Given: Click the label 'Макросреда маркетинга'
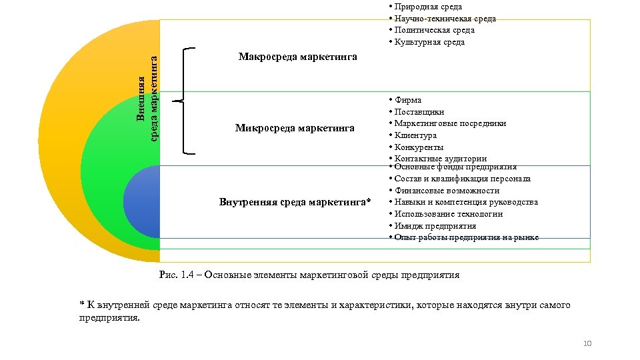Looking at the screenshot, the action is (x=297, y=57).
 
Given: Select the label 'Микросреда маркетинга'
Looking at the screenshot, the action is (x=295, y=128).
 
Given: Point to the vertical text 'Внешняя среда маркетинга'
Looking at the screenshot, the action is (x=146, y=97).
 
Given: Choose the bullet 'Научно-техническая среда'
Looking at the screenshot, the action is (x=445, y=19).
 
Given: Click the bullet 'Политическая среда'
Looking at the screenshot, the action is (x=434, y=30).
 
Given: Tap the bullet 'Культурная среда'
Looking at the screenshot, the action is (x=429, y=42).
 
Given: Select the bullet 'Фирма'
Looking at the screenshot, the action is (x=407, y=100).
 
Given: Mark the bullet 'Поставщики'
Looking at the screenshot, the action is (x=419, y=112).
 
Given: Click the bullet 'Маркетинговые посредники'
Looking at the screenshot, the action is (x=450, y=123).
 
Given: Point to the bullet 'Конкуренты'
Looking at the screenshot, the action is (x=419, y=147).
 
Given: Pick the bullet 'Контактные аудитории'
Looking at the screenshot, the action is (x=440, y=159).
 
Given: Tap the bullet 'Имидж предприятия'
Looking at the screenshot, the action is (x=435, y=225).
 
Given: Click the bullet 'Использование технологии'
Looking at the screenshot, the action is (x=448, y=214).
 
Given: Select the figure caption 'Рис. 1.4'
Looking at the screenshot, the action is (x=309, y=275).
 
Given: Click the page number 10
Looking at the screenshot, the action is (x=587, y=343).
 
